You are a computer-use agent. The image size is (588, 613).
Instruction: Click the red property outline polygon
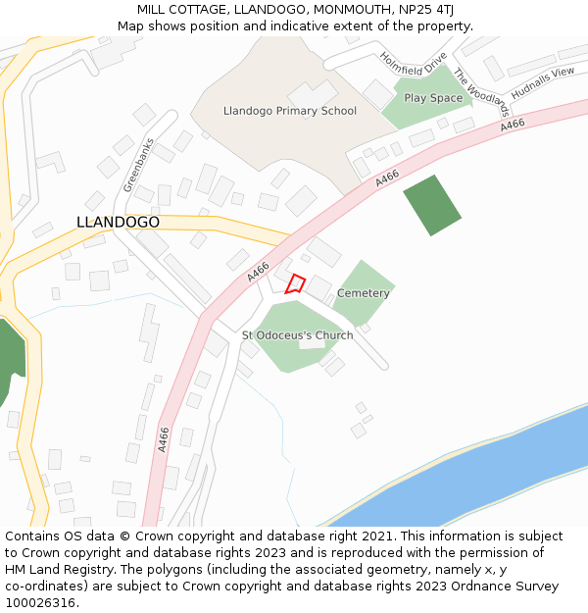coord(295,285)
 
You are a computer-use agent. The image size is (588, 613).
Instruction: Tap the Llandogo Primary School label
coord(290,111)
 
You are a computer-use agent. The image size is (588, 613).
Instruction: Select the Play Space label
coord(433,98)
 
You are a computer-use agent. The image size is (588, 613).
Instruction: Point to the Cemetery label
coord(364,293)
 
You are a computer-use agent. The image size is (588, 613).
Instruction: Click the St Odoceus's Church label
coord(298,335)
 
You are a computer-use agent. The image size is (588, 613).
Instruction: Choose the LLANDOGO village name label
coord(118,223)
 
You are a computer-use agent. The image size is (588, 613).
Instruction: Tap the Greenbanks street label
coord(139,164)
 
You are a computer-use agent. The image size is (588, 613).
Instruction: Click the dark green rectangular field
coord(432,205)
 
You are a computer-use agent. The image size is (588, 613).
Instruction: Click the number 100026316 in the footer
coord(42,603)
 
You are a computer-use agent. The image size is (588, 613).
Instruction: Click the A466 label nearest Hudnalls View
coord(513,125)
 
